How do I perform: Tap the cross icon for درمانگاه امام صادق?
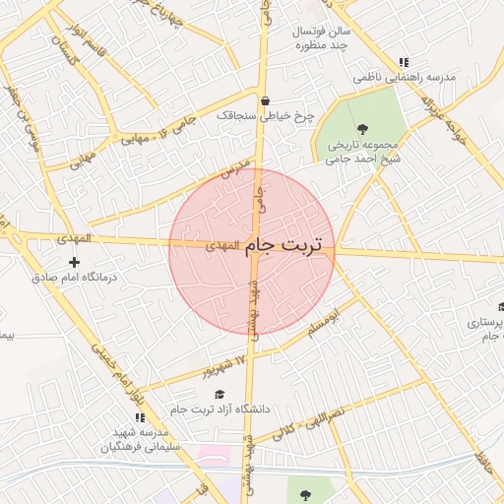[x=74, y=262]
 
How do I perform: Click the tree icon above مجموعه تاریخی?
[x=362, y=128]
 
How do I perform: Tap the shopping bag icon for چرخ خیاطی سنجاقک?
[x=265, y=100]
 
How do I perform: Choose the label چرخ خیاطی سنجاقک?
[x=265, y=115]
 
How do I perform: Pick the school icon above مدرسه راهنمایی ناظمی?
[x=404, y=62]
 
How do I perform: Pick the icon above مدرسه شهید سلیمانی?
[x=139, y=418]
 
